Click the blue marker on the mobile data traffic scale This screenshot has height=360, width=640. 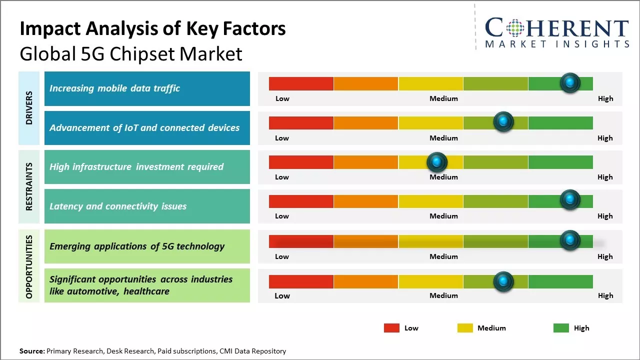click(570, 83)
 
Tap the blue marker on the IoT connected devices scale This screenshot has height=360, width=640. click(503, 122)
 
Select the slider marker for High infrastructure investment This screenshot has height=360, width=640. click(437, 161)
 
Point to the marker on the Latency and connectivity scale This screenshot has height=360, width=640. click(570, 200)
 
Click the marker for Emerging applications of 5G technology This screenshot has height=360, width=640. click(570, 240)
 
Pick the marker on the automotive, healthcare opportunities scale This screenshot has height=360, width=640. click(503, 281)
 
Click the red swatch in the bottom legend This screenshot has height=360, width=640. click(391, 328)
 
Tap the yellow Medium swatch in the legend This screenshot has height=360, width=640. click(465, 328)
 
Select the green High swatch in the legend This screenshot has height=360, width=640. click(561, 328)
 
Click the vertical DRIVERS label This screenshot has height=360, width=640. click(29, 107)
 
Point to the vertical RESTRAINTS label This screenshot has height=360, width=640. click(29, 186)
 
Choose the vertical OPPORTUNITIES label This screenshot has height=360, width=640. click(29, 266)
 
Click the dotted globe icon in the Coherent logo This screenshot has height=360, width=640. click(515, 27)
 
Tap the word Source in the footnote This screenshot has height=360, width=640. click(31, 351)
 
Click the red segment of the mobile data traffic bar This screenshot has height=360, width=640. click(301, 83)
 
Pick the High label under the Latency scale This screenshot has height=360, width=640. click(605, 216)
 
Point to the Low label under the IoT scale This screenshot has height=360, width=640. click(282, 138)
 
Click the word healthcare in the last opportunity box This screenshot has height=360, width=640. click(146, 291)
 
